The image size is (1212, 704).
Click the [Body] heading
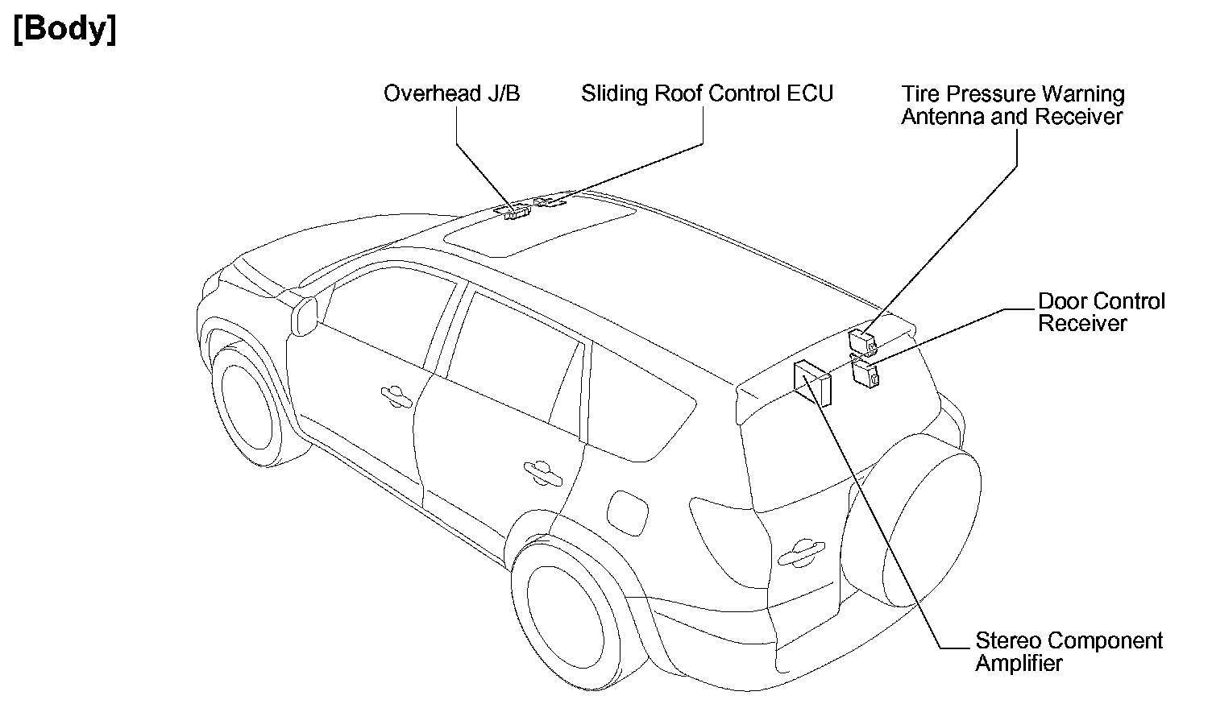pyautogui.click(x=65, y=29)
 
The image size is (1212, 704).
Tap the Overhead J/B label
pyautogui.click(x=451, y=94)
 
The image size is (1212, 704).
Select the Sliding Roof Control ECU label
pyautogui.click(x=707, y=94)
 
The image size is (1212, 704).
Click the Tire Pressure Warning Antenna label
pyautogui.click(x=1012, y=106)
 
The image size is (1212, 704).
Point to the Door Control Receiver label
pyautogui.click(x=1101, y=313)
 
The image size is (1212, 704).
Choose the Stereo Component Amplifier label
pyautogui.click(x=1069, y=652)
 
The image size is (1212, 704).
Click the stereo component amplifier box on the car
pyautogui.click(x=812, y=383)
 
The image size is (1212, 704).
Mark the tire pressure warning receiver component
pyautogui.click(x=863, y=342)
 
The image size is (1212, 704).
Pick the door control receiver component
pyautogui.click(x=865, y=374)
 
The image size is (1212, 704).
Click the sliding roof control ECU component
pyautogui.click(x=550, y=201)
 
